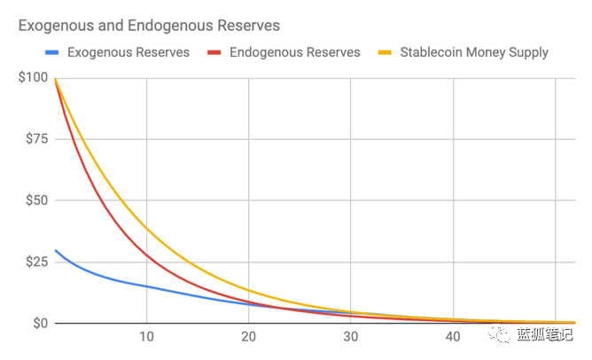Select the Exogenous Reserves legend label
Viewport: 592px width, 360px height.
tap(128, 52)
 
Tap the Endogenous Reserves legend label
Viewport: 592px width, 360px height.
tap(294, 52)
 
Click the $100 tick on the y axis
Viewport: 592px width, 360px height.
tap(32, 78)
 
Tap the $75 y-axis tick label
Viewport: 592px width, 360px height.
tap(35, 139)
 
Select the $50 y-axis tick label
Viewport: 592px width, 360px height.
tap(35, 200)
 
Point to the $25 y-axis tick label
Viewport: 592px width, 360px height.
tap(35, 262)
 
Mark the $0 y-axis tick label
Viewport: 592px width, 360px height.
tap(38, 323)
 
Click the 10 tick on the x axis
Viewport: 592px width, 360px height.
tap(146, 337)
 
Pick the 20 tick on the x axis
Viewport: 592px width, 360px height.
tap(248, 337)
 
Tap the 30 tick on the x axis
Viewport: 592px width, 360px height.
tap(351, 337)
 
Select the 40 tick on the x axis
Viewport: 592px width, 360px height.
tap(453, 337)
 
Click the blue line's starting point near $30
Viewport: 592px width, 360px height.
tap(56, 250)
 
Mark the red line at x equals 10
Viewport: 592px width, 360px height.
tap(146, 254)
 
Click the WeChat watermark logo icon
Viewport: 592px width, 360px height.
tap(502, 333)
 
